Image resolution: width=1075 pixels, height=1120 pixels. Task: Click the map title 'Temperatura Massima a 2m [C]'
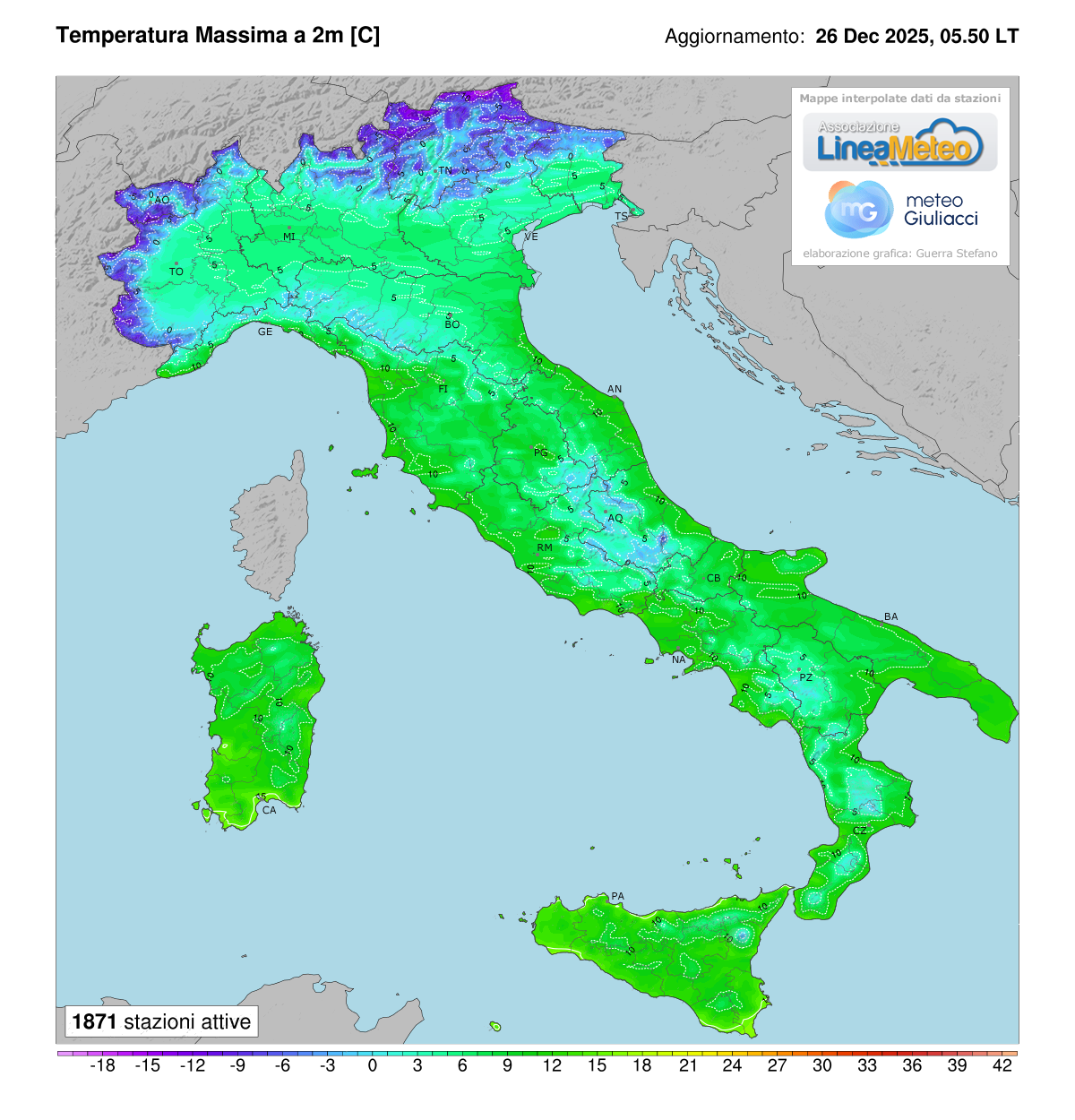pyautogui.click(x=218, y=36)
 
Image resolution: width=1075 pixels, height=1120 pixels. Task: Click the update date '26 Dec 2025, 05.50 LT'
pyautogui.click(x=916, y=37)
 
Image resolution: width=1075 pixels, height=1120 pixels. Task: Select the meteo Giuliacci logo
pyautogui.click(x=901, y=210)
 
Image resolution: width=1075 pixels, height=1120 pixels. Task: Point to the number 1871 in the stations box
pyautogui.click(x=94, y=1022)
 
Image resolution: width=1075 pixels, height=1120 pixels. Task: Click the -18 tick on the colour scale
pyautogui.click(x=104, y=1065)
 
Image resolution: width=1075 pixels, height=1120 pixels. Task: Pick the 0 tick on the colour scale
pyautogui.click(x=373, y=1065)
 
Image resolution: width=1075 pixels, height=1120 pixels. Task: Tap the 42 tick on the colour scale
pyautogui.click(x=1002, y=1065)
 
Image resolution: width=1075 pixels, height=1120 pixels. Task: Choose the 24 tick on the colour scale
pyautogui.click(x=732, y=1065)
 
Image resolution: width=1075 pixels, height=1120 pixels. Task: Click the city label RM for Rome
pyautogui.click(x=545, y=547)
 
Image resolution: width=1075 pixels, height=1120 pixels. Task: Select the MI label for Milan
pyautogui.click(x=289, y=237)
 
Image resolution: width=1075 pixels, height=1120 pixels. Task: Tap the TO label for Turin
pyautogui.click(x=176, y=271)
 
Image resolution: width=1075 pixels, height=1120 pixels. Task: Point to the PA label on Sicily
pyautogui.click(x=617, y=896)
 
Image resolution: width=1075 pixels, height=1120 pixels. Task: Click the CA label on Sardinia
pyautogui.click(x=269, y=810)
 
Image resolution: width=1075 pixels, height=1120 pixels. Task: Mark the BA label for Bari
pyautogui.click(x=890, y=616)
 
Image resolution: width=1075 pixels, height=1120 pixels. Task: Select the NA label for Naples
pyautogui.click(x=678, y=660)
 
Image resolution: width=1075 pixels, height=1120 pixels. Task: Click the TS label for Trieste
pyautogui.click(x=621, y=217)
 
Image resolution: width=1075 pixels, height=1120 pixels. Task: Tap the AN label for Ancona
pyautogui.click(x=615, y=389)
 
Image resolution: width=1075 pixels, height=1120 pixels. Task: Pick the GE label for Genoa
pyautogui.click(x=265, y=332)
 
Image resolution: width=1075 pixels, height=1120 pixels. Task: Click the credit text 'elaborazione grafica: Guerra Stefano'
pyautogui.click(x=899, y=254)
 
